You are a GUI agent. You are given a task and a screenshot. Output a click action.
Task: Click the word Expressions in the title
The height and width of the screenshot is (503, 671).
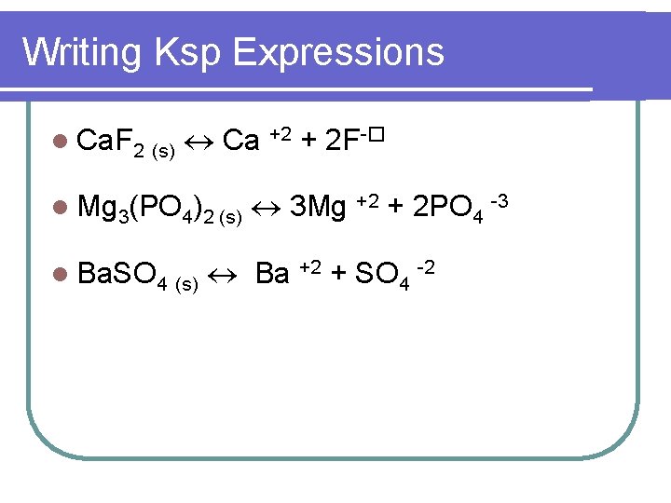338,52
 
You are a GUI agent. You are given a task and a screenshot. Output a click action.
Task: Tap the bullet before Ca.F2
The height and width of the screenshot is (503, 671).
61,142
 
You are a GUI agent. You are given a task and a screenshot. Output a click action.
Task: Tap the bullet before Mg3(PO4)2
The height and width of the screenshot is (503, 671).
61,207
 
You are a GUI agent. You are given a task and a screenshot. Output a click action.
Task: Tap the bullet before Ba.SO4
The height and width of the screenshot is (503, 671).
61,274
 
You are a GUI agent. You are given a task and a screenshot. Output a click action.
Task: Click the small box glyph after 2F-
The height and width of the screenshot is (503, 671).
377,135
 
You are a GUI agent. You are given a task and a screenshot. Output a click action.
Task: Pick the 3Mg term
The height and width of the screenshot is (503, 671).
318,207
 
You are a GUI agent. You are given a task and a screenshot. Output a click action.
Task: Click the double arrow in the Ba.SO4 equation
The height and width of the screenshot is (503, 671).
225,274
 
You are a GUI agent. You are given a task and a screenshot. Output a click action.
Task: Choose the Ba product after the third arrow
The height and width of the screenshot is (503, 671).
272,274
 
